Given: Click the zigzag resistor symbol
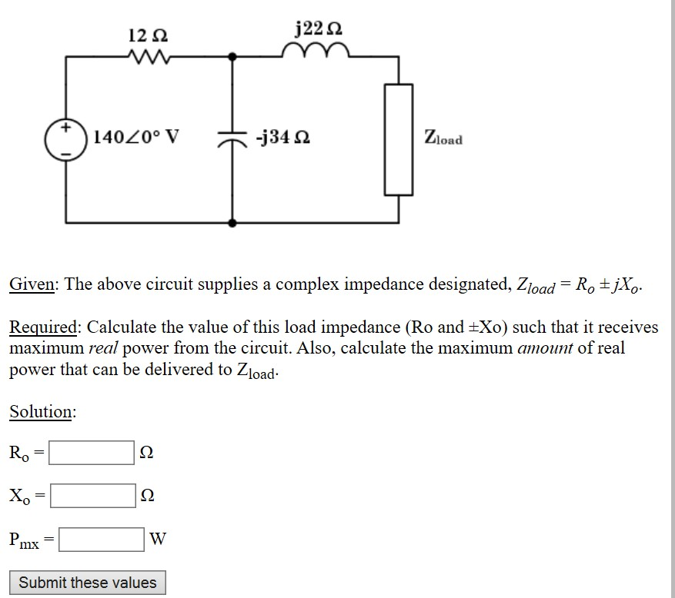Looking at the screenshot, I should pyautogui.click(x=149, y=56).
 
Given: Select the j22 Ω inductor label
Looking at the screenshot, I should pyautogui.click(x=319, y=29).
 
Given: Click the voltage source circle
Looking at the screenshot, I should pyautogui.click(x=67, y=139).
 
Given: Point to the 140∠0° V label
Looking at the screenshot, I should pyautogui.click(x=136, y=138).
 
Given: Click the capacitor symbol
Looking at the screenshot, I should pyautogui.click(x=232, y=139).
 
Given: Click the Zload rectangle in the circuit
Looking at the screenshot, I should pyautogui.click(x=399, y=139).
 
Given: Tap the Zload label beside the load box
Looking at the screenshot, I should pyautogui.click(x=443, y=139).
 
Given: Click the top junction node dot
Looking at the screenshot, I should pyautogui.click(x=232, y=56).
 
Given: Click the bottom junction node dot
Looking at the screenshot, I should pyautogui.click(x=232, y=222).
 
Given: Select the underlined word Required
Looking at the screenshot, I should pyautogui.click(x=42, y=327).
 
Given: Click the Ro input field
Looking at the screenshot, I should pyautogui.click(x=92, y=453).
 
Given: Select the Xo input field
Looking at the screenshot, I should pyautogui.click(x=92, y=496).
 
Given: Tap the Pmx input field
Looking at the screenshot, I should pyautogui.click(x=101, y=539).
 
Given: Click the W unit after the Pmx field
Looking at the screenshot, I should pyautogui.click(x=158, y=539).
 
